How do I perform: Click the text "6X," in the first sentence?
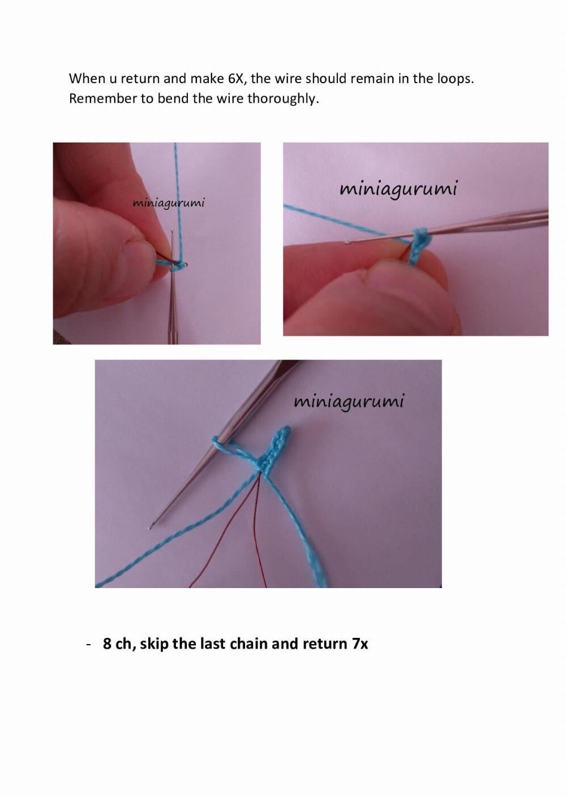[237, 79]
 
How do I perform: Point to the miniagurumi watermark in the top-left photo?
[169, 204]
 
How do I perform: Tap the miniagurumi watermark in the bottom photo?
[349, 402]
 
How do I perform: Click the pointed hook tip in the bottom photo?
[150, 527]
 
